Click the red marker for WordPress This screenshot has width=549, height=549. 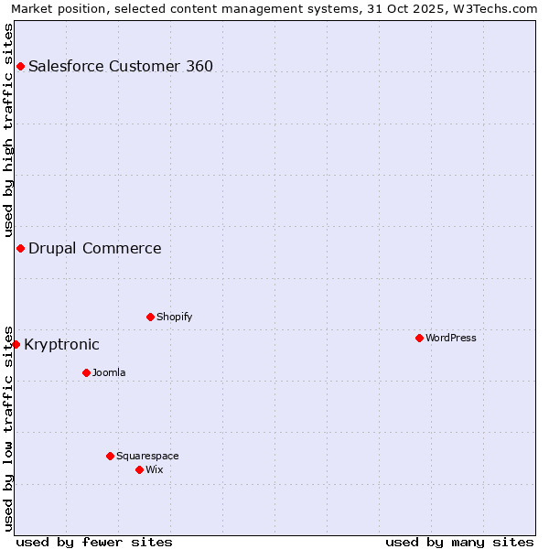click(x=419, y=338)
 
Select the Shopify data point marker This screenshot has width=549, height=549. click(x=150, y=317)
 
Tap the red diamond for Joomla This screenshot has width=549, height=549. click(x=86, y=372)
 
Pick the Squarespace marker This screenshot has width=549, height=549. click(x=110, y=456)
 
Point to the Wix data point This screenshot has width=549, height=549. click(x=139, y=469)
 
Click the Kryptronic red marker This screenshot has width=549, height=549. click(x=16, y=344)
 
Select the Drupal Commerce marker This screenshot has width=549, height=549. click(x=20, y=248)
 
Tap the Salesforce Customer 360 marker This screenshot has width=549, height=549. click(x=20, y=66)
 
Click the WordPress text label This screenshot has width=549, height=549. click(x=450, y=338)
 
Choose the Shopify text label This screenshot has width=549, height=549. click(x=174, y=317)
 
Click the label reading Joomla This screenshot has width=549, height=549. click(x=109, y=372)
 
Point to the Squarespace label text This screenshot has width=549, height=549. click(x=147, y=456)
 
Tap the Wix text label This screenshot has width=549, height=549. click(x=154, y=469)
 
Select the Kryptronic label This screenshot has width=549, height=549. click(x=61, y=344)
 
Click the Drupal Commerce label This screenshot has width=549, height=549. click(x=94, y=248)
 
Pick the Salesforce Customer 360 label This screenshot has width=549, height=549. click(x=121, y=66)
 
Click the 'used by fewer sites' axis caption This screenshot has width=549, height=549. click(x=94, y=542)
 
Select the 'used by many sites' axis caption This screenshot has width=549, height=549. click(x=459, y=542)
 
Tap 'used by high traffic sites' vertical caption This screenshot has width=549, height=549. click(x=8, y=130)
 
